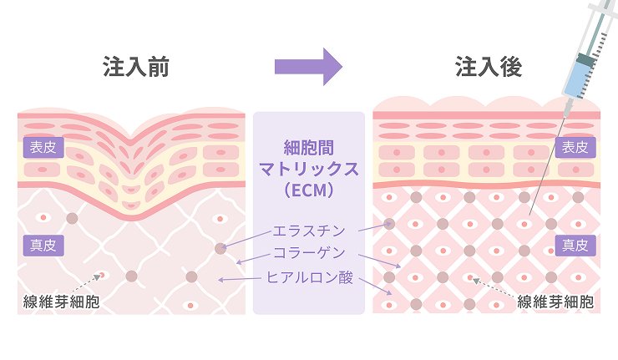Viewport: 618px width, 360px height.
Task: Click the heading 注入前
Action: pos(136,68)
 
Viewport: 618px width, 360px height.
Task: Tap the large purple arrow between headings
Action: pos(308,67)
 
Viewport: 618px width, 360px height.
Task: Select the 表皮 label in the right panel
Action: pos(574,149)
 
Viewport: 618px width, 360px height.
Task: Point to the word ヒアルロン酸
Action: pos(310,277)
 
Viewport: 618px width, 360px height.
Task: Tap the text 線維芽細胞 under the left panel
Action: pos(60,302)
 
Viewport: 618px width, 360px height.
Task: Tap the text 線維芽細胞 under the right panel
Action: pos(555,302)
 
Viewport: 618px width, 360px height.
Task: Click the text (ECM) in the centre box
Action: pos(309,191)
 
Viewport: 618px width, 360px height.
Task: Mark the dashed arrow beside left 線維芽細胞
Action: pos(90,281)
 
